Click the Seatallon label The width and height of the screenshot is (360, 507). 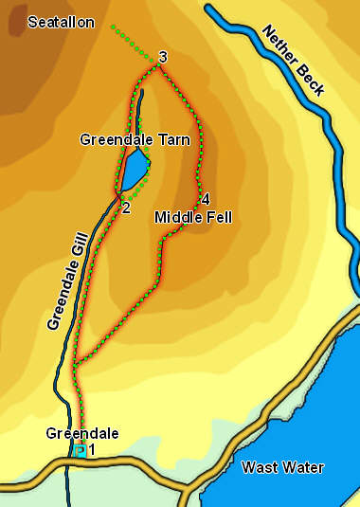pos(62,23)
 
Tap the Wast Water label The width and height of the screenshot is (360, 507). pos(282,467)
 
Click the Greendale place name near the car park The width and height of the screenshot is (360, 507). pos(82,434)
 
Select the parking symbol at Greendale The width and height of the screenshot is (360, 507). pos(80,451)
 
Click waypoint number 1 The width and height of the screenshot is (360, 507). pos(92,450)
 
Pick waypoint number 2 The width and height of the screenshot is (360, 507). pos(126,208)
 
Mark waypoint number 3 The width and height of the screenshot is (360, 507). pos(163,59)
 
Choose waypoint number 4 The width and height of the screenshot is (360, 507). pos(205,199)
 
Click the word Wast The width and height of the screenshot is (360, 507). pos(258,467)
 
